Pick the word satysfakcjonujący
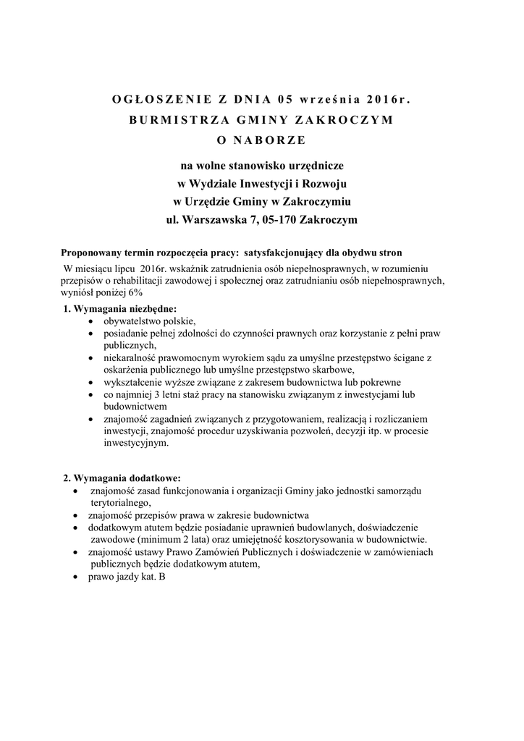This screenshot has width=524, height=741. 287,255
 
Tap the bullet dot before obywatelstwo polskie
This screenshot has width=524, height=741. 89,321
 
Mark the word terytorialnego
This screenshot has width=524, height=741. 120,501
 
